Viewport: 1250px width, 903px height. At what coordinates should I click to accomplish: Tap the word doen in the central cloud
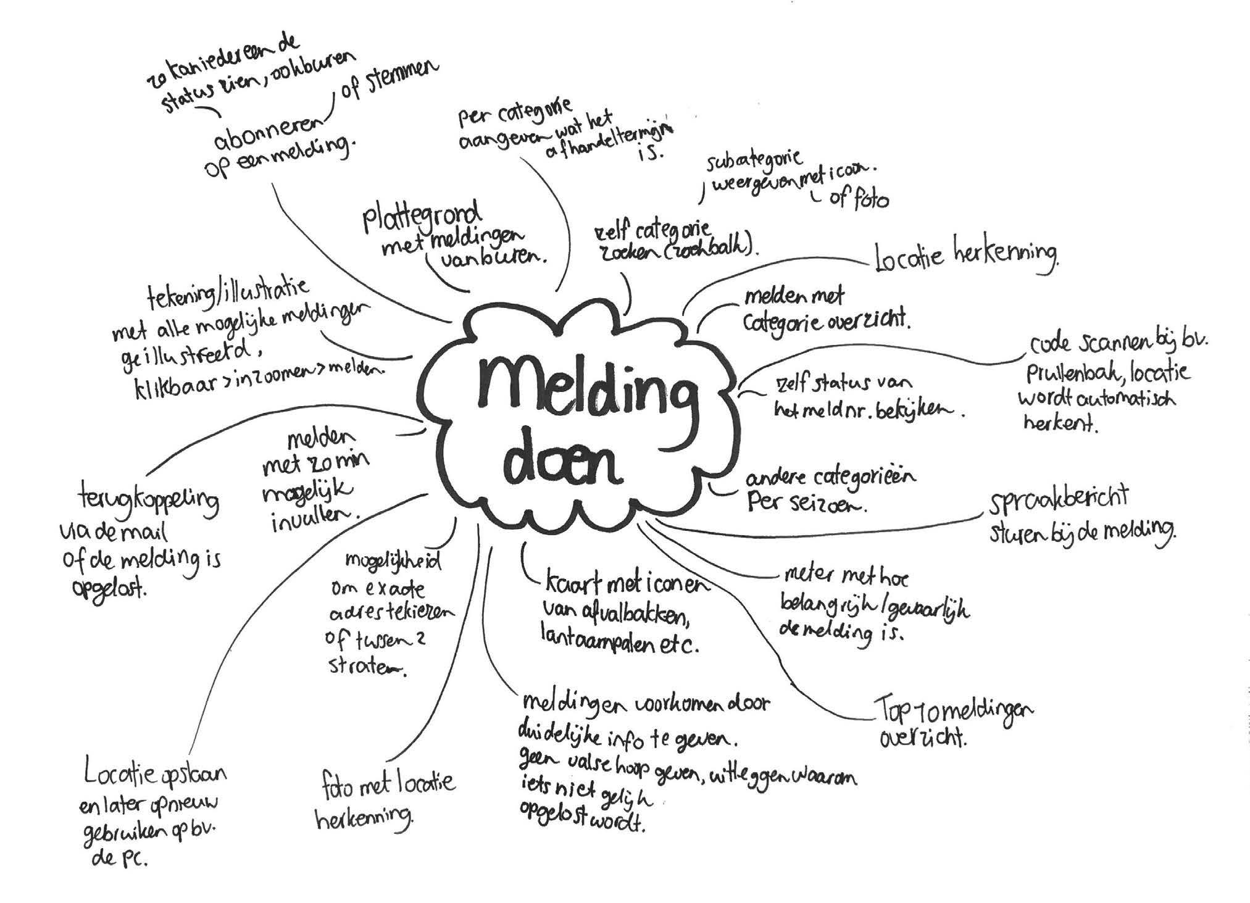click(564, 463)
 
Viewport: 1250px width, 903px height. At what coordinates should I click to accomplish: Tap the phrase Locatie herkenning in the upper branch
click(967, 256)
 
